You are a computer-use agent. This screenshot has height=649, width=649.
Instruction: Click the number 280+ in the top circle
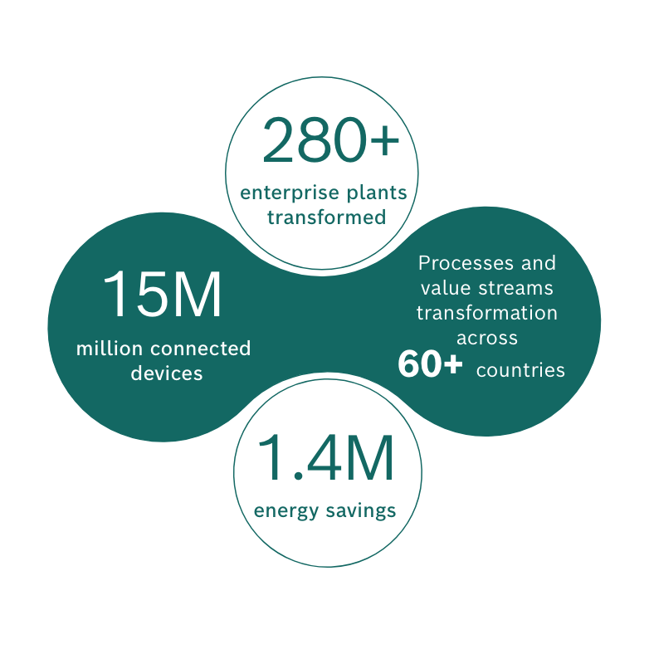tap(330, 140)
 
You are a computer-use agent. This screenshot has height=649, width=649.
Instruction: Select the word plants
tap(377, 193)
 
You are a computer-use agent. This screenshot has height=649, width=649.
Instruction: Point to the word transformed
tap(326, 217)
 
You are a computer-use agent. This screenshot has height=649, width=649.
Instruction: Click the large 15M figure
tap(163, 295)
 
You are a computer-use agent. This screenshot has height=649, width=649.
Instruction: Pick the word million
tap(110, 348)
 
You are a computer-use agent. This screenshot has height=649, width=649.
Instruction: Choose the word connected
tap(200, 349)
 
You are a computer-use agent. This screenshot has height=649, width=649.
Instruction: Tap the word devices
tap(167, 373)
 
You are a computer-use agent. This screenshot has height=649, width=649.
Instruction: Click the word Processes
tap(466, 263)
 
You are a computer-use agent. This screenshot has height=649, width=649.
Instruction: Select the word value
tap(446, 288)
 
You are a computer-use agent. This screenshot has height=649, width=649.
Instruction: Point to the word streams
tap(515, 288)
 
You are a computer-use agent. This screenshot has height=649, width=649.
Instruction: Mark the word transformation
tap(486, 313)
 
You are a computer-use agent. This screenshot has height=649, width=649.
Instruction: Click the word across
tap(487, 339)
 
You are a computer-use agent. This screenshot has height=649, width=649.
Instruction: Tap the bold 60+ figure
tap(430, 364)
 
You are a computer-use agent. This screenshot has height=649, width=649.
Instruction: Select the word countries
tap(520, 370)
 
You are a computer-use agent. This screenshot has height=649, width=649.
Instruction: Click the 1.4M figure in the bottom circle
tap(325, 458)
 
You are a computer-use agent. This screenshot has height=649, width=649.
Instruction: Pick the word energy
tap(286, 511)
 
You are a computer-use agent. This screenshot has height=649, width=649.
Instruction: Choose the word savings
tap(361, 510)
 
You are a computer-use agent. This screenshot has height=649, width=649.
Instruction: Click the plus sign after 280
tap(384, 141)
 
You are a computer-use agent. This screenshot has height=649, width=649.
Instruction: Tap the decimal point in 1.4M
tap(298, 477)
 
